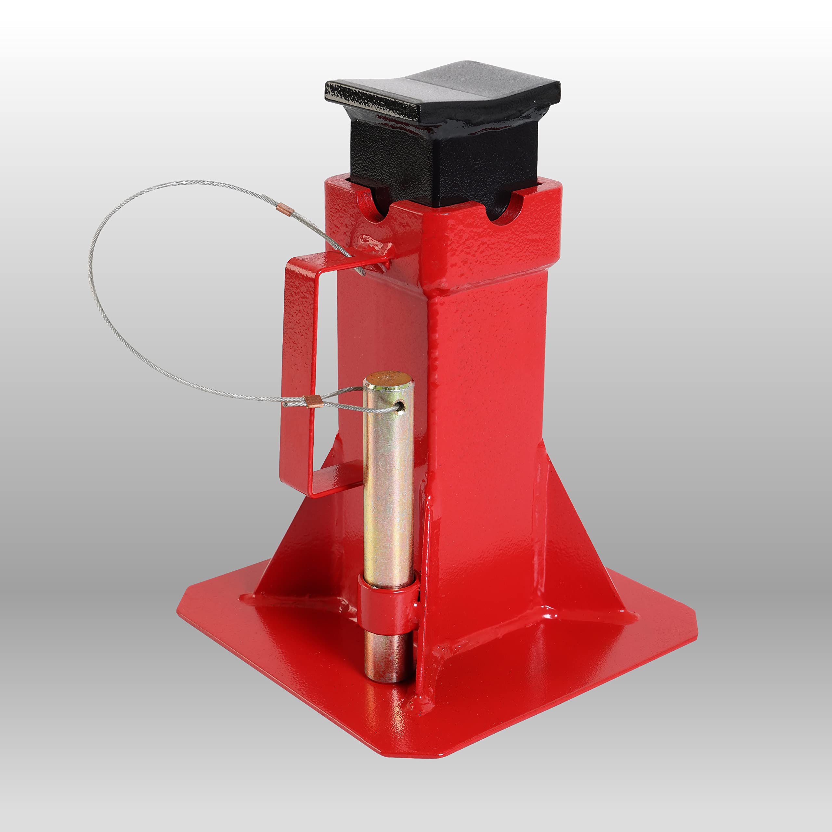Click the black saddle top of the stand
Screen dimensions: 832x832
pos(444,93)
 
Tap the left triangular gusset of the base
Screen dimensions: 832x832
pos(302,538)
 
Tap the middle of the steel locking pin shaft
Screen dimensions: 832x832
pos(388,495)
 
